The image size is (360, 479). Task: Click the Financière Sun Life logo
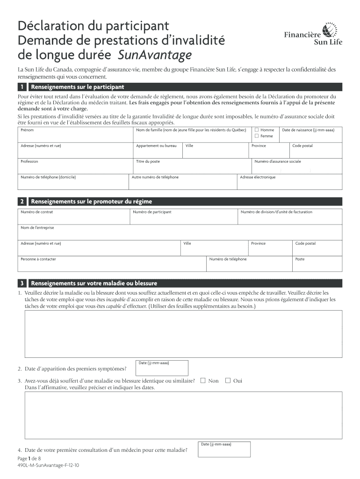[x=313, y=34]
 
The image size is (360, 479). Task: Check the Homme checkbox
[x=256, y=130]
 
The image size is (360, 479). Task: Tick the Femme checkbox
[x=256, y=136]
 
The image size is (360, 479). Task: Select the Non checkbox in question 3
[x=202, y=380]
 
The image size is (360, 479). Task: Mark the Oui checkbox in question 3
[x=228, y=380]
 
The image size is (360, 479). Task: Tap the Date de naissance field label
[x=308, y=130]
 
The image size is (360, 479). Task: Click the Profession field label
[x=29, y=161]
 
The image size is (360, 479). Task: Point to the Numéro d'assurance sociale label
[x=278, y=161]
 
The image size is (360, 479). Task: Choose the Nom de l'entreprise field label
[x=37, y=228]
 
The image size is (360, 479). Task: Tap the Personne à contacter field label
[x=38, y=259]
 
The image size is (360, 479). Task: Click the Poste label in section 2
[x=300, y=259]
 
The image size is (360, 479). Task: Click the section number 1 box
[x=22, y=87]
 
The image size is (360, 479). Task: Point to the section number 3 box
[x=22, y=283]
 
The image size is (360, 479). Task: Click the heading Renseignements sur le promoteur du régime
[x=91, y=202]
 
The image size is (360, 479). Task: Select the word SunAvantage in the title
[x=155, y=55]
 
